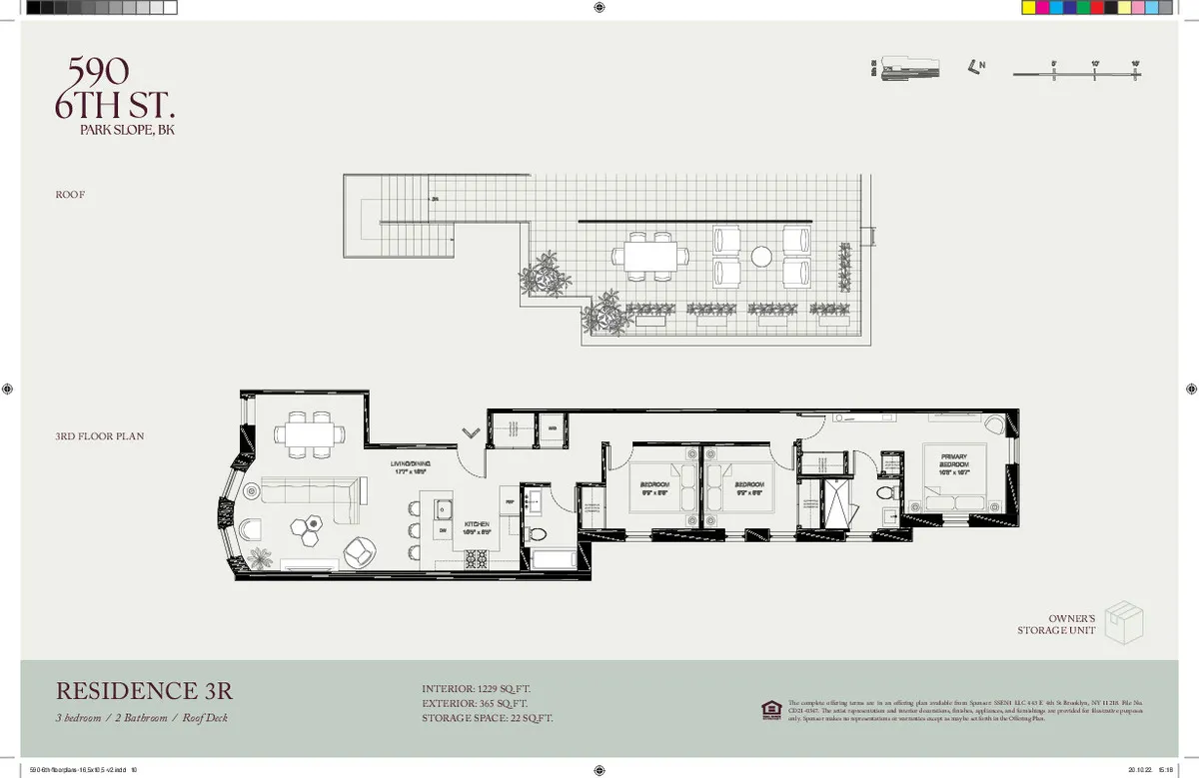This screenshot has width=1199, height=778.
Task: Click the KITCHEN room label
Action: pos(476,525)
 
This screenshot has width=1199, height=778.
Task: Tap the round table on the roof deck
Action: pos(762,256)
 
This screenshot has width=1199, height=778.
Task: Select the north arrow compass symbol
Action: pos(974,67)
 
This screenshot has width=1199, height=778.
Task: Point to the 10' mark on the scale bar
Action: pos(1095,70)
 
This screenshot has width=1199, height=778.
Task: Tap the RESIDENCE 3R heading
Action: pos(144,690)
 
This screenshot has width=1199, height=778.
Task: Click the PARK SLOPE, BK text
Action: pos(127,130)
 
